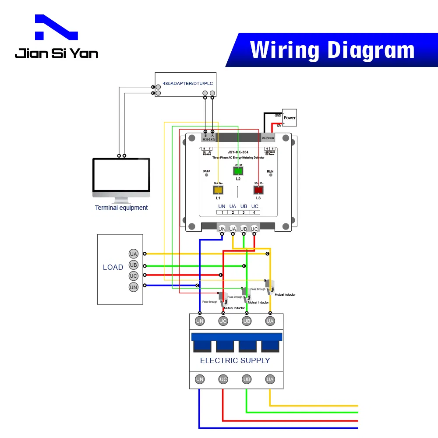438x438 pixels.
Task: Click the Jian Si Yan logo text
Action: pyautogui.click(x=57, y=53)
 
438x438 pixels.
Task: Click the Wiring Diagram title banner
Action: pyautogui.click(x=332, y=50)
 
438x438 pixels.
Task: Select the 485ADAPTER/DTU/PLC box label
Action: pyautogui.click(x=186, y=83)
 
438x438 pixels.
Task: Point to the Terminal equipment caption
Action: pyautogui.click(x=121, y=208)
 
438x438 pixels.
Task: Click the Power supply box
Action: pyautogui.click(x=290, y=117)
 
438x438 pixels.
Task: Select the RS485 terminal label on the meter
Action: pyautogui.click(x=208, y=139)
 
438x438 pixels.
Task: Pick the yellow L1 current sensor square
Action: pyautogui.click(x=218, y=190)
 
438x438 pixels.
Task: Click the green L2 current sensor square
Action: pyautogui.click(x=238, y=171)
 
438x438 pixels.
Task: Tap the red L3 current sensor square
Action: pyautogui.click(x=258, y=190)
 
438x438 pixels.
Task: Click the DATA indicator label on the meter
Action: pyautogui.click(x=206, y=171)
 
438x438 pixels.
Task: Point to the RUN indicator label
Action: pyautogui.click(x=270, y=171)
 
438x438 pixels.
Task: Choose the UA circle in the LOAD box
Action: pyautogui.click(x=134, y=254)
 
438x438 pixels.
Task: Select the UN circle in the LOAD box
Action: pyautogui.click(x=134, y=287)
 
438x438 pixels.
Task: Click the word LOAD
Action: pyautogui.click(x=113, y=267)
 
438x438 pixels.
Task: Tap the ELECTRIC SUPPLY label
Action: pyautogui.click(x=235, y=360)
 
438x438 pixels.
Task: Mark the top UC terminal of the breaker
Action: pyautogui.click(x=223, y=321)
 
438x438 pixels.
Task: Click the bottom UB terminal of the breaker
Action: pyautogui.click(x=247, y=379)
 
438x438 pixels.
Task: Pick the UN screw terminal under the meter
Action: pyautogui.click(x=222, y=229)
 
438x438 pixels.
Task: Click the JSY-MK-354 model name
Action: pyautogui.click(x=237, y=152)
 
